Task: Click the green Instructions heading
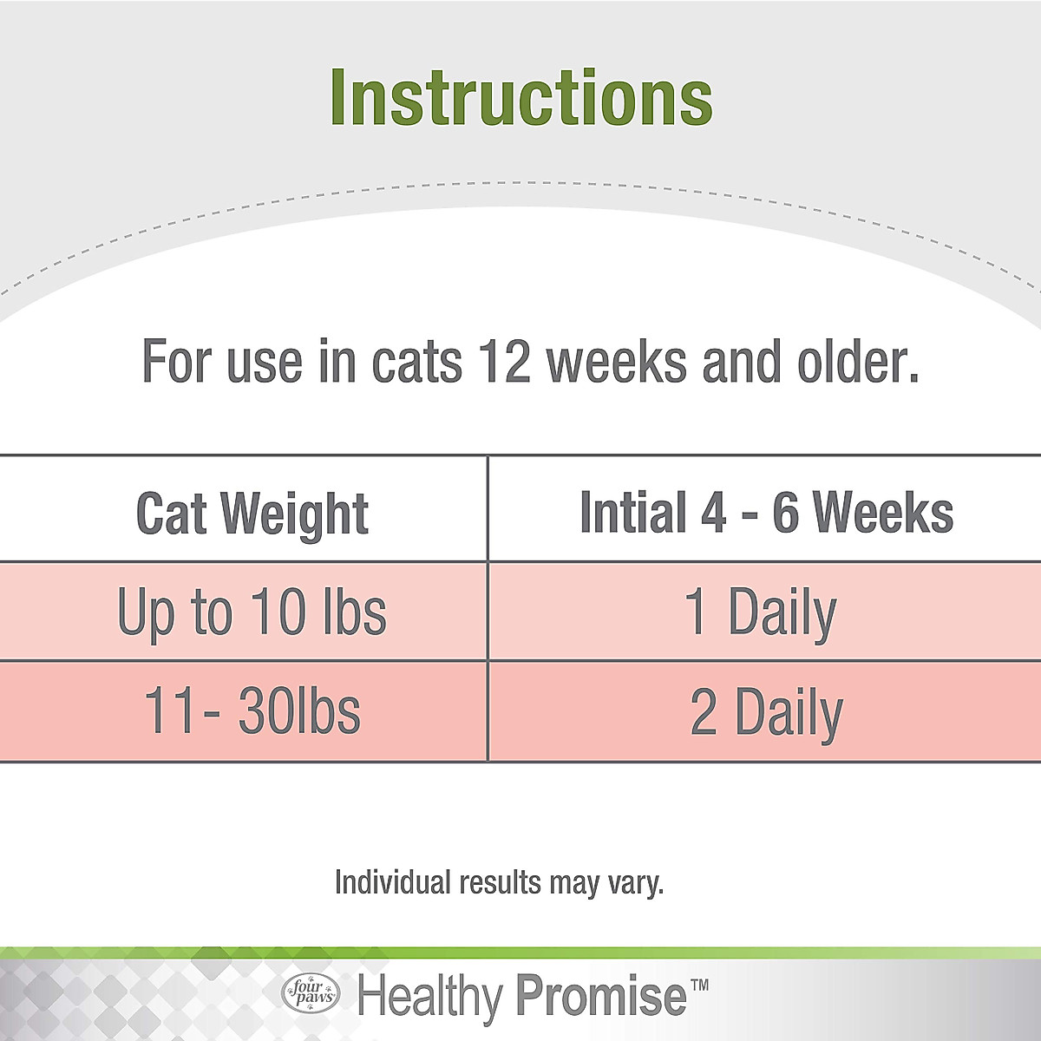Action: pos(520,97)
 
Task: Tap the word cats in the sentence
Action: pos(416,362)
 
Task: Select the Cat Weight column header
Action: pos(252,514)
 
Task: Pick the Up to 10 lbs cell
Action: pos(252,612)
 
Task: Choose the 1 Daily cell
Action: pos(760,612)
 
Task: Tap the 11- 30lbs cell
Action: pos(252,711)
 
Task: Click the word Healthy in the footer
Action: pos(430,996)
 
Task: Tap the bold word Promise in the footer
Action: pos(600,995)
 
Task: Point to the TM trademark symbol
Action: pos(699,985)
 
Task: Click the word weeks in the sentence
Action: pos(617,362)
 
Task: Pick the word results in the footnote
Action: pos(500,882)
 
